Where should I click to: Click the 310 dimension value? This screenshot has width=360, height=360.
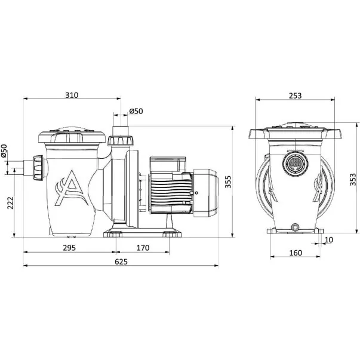(72, 95)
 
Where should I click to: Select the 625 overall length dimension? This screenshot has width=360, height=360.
(121, 261)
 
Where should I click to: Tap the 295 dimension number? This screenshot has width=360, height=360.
(69, 248)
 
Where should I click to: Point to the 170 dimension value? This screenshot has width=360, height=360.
(143, 248)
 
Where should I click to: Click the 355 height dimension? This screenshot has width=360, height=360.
(228, 182)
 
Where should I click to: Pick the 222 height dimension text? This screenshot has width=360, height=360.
(11, 203)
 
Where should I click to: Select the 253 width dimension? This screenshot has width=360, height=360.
(295, 96)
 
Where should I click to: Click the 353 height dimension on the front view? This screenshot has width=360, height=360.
(353, 179)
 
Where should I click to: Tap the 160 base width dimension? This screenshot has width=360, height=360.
(296, 253)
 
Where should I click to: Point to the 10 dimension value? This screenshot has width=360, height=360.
(329, 239)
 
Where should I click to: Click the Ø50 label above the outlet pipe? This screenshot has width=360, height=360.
(136, 111)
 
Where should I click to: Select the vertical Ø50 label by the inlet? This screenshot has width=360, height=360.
(4, 151)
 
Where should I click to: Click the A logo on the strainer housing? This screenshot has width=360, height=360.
(71, 188)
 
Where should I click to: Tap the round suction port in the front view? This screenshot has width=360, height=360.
(296, 164)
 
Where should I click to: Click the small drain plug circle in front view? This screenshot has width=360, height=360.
(294, 227)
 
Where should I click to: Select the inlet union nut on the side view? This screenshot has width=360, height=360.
(38, 168)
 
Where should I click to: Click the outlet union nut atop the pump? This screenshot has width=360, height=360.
(120, 141)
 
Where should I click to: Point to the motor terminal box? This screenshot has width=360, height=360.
(168, 165)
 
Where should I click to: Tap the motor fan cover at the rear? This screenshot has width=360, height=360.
(205, 193)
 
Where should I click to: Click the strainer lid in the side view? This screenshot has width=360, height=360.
(72, 136)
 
